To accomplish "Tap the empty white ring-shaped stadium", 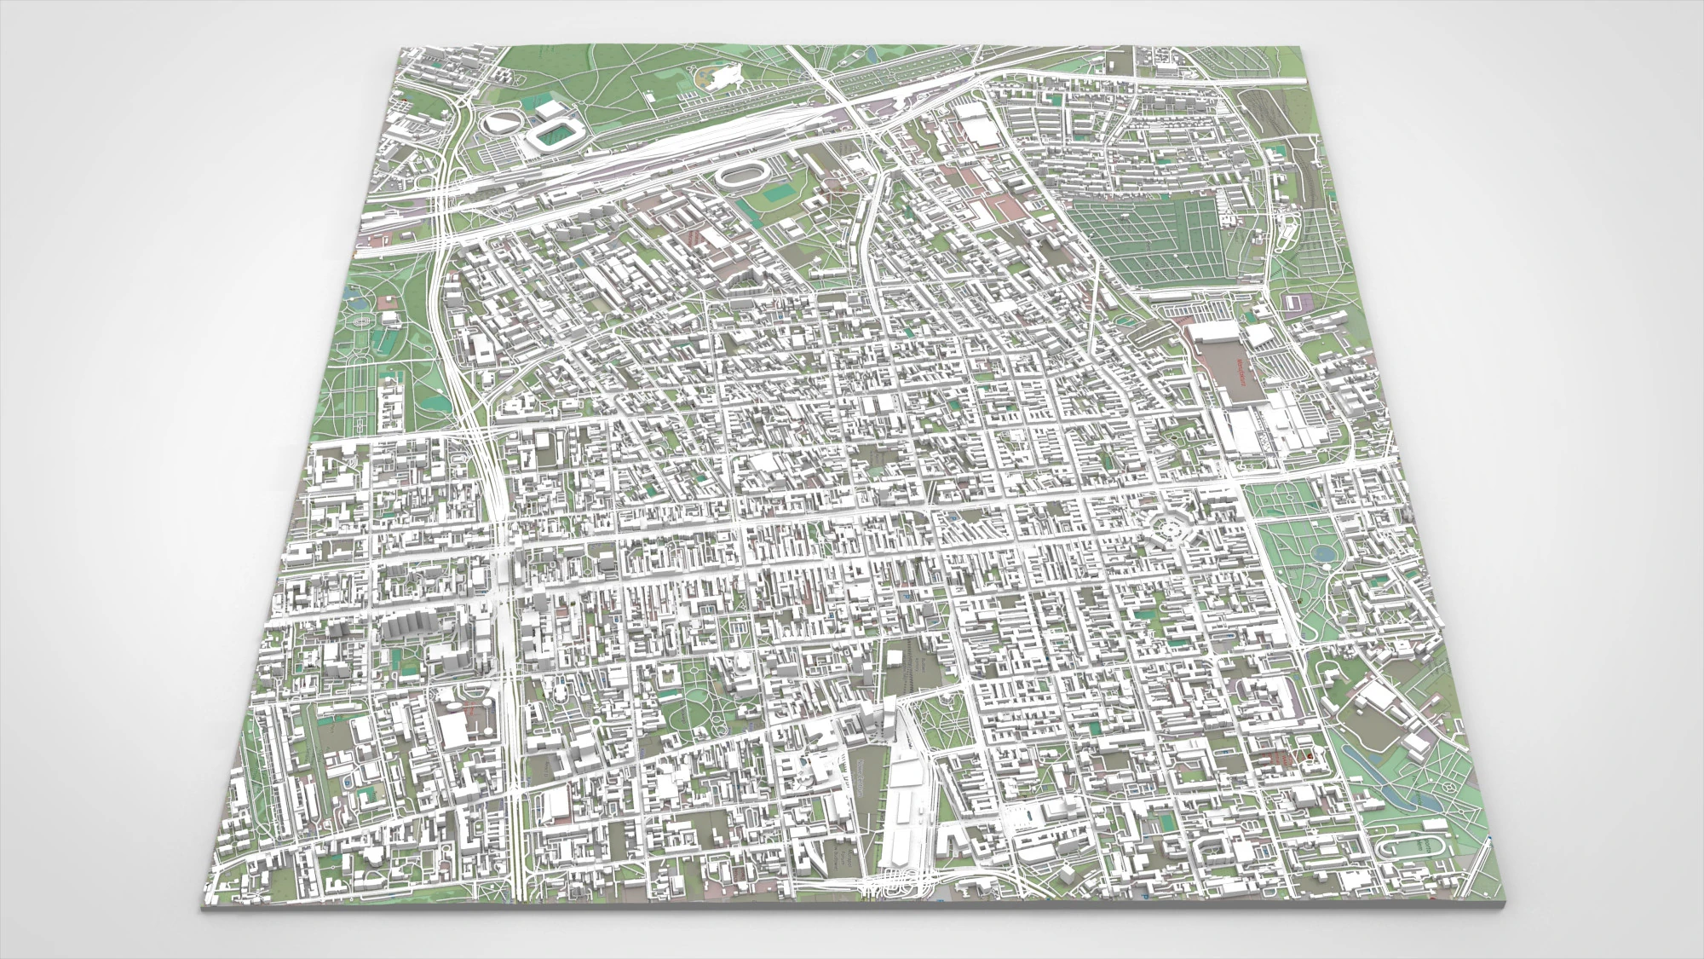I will point(740,176).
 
